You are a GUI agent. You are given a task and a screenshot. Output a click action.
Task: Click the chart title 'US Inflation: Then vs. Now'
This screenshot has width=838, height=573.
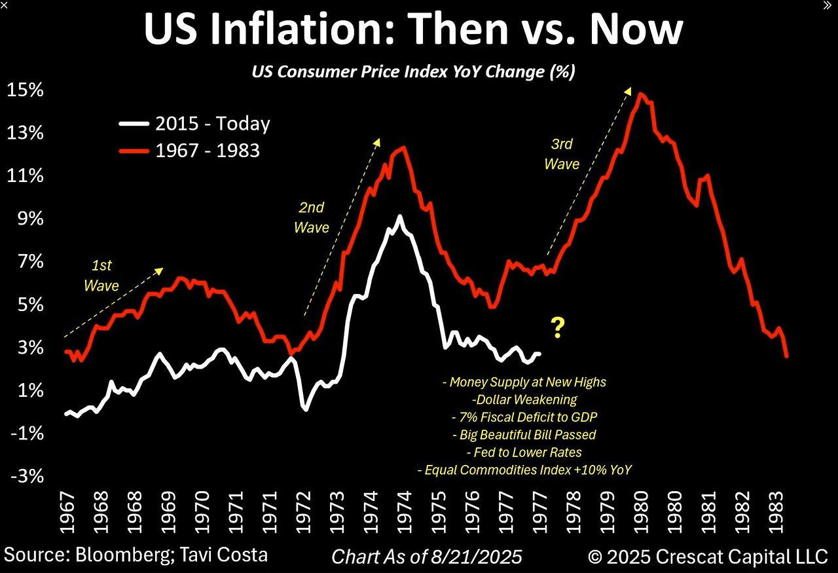click(x=413, y=29)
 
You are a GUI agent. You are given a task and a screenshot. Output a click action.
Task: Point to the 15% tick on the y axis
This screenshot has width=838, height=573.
click(x=26, y=90)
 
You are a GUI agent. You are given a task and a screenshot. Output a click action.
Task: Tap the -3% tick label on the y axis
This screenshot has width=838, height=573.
click(x=26, y=476)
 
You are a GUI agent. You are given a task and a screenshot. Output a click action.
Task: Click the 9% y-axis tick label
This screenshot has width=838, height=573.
click(x=29, y=219)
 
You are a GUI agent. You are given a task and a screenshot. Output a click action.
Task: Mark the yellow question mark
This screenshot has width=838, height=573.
click(x=557, y=327)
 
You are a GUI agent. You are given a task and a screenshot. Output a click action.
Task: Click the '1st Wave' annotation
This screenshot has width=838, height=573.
click(x=101, y=275)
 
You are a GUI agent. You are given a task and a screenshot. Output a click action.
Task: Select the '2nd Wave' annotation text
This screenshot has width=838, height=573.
click(x=311, y=217)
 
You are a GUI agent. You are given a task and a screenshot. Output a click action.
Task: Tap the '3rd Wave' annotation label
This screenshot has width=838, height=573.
click(x=562, y=155)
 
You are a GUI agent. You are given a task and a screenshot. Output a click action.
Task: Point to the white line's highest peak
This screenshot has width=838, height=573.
click(x=399, y=216)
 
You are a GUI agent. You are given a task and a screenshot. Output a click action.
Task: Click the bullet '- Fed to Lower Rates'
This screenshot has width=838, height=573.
click(x=524, y=452)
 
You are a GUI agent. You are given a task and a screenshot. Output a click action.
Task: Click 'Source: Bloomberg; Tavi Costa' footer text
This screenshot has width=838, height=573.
click(x=134, y=555)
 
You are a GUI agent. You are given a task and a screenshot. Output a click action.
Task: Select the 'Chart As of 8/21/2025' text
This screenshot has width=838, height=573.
click(x=427, y=557)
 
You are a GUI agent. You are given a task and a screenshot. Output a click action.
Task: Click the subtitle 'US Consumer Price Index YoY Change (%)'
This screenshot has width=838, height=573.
click(x=413, y=71)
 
